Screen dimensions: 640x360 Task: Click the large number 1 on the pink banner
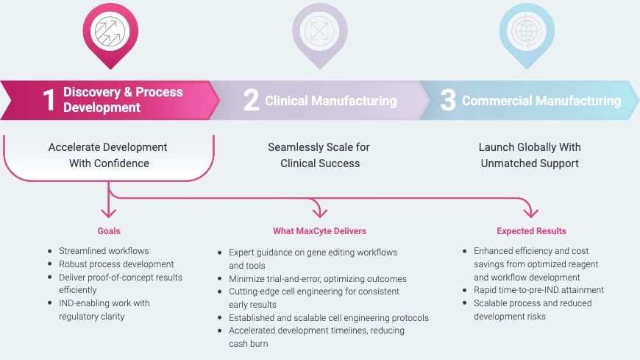click(x=49, y=100)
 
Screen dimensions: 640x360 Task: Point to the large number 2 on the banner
click(x=251, y=100)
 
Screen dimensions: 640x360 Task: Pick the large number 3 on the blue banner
click(x=448, y=100)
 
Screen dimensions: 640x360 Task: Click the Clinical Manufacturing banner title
click(x=330, y=101)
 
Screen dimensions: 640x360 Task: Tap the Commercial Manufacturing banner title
click(x=541, y=101)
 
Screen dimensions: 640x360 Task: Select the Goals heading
click(x=109, y=231)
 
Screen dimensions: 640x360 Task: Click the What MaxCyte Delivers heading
click(x=319, y=231)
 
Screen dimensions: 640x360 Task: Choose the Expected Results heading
click(x=531, y=231)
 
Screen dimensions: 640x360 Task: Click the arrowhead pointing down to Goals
click(x=109, y=213)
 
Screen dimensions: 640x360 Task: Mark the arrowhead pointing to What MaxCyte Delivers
click(x=319, y=213)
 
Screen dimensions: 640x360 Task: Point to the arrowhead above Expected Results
click(x=530, y=213)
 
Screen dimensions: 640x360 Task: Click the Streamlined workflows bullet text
click(x=104, y=251)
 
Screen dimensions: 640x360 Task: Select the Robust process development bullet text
click(x=116, y=264)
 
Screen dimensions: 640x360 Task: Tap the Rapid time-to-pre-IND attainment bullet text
click(x=538, y=290)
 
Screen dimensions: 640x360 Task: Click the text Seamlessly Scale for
click(x=319, y=147)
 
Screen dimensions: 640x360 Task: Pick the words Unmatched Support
click(x=530, y=163)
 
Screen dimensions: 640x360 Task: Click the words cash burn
click(x=248, y=344)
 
